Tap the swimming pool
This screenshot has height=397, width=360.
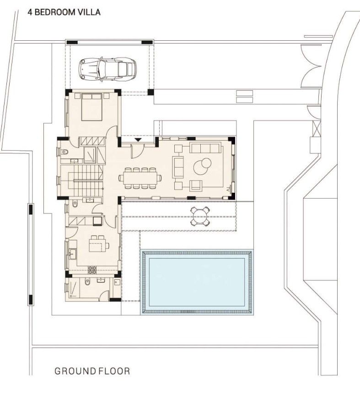[197, 282]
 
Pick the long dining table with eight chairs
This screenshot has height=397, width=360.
[140, 178]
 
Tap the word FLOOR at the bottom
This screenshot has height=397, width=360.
[114, 371]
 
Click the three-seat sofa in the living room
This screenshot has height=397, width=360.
[204, 148]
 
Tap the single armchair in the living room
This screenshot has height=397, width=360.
[196, 185]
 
